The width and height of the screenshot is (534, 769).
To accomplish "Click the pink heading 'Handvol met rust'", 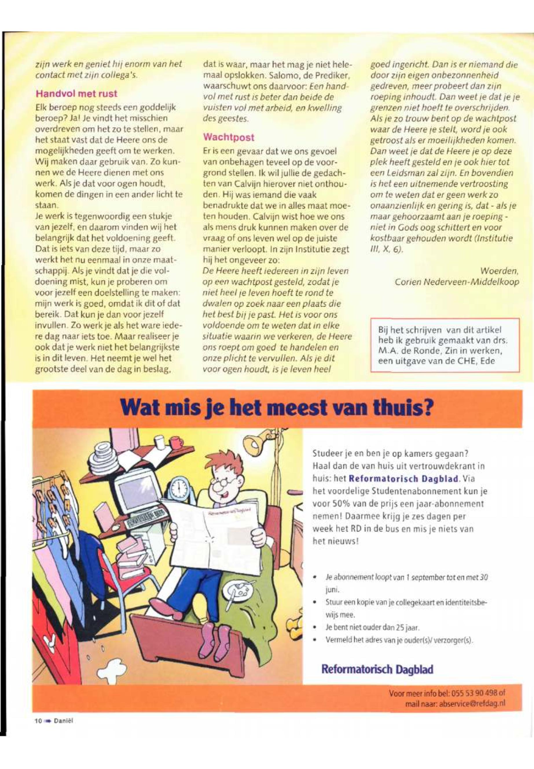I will pos(76,93).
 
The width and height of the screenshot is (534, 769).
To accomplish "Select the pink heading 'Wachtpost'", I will pos(229,137).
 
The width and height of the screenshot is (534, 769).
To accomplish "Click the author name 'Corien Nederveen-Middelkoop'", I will pos(457,282).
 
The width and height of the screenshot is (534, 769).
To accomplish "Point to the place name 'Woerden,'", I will pos(499,270).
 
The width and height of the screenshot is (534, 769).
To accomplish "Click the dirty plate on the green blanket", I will pos(238,592).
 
